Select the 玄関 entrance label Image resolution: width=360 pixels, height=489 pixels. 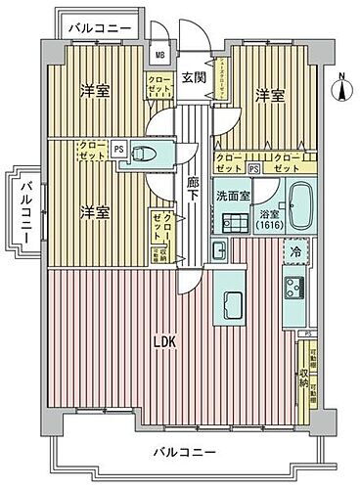click(193, 78)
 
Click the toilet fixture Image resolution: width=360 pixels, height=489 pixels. click(144, 153)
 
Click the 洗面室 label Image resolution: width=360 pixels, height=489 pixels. click(233, 194)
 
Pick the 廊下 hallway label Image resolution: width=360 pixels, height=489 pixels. click(194, 188)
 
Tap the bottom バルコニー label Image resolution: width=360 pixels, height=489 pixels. click(183, 452)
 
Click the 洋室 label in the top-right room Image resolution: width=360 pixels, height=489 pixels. click(271, 95)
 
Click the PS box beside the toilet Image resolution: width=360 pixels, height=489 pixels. click(118, 149)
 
